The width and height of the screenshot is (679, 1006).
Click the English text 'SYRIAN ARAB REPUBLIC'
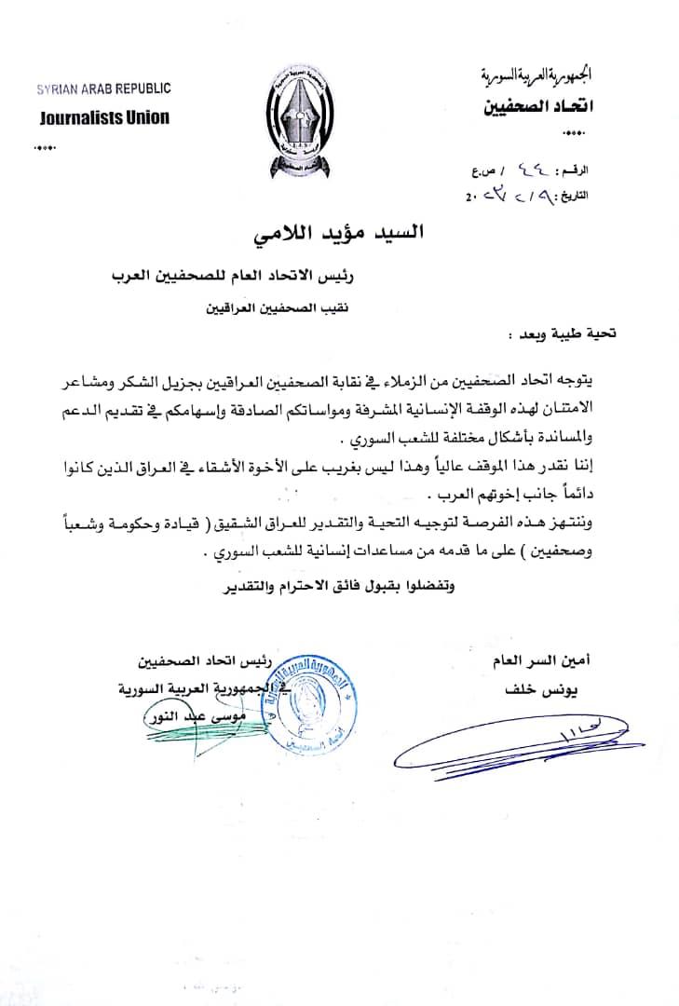point(103,89)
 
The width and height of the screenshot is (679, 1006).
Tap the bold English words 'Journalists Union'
point(105,118)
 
